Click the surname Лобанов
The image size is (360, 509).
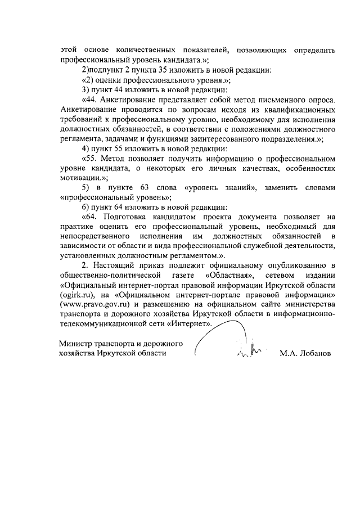pyautogui.click(x=313, y=354)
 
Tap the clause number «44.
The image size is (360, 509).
pyautogui.click(x=91, y=100)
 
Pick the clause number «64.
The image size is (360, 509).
pyautogui.click(x=91, y=216)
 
